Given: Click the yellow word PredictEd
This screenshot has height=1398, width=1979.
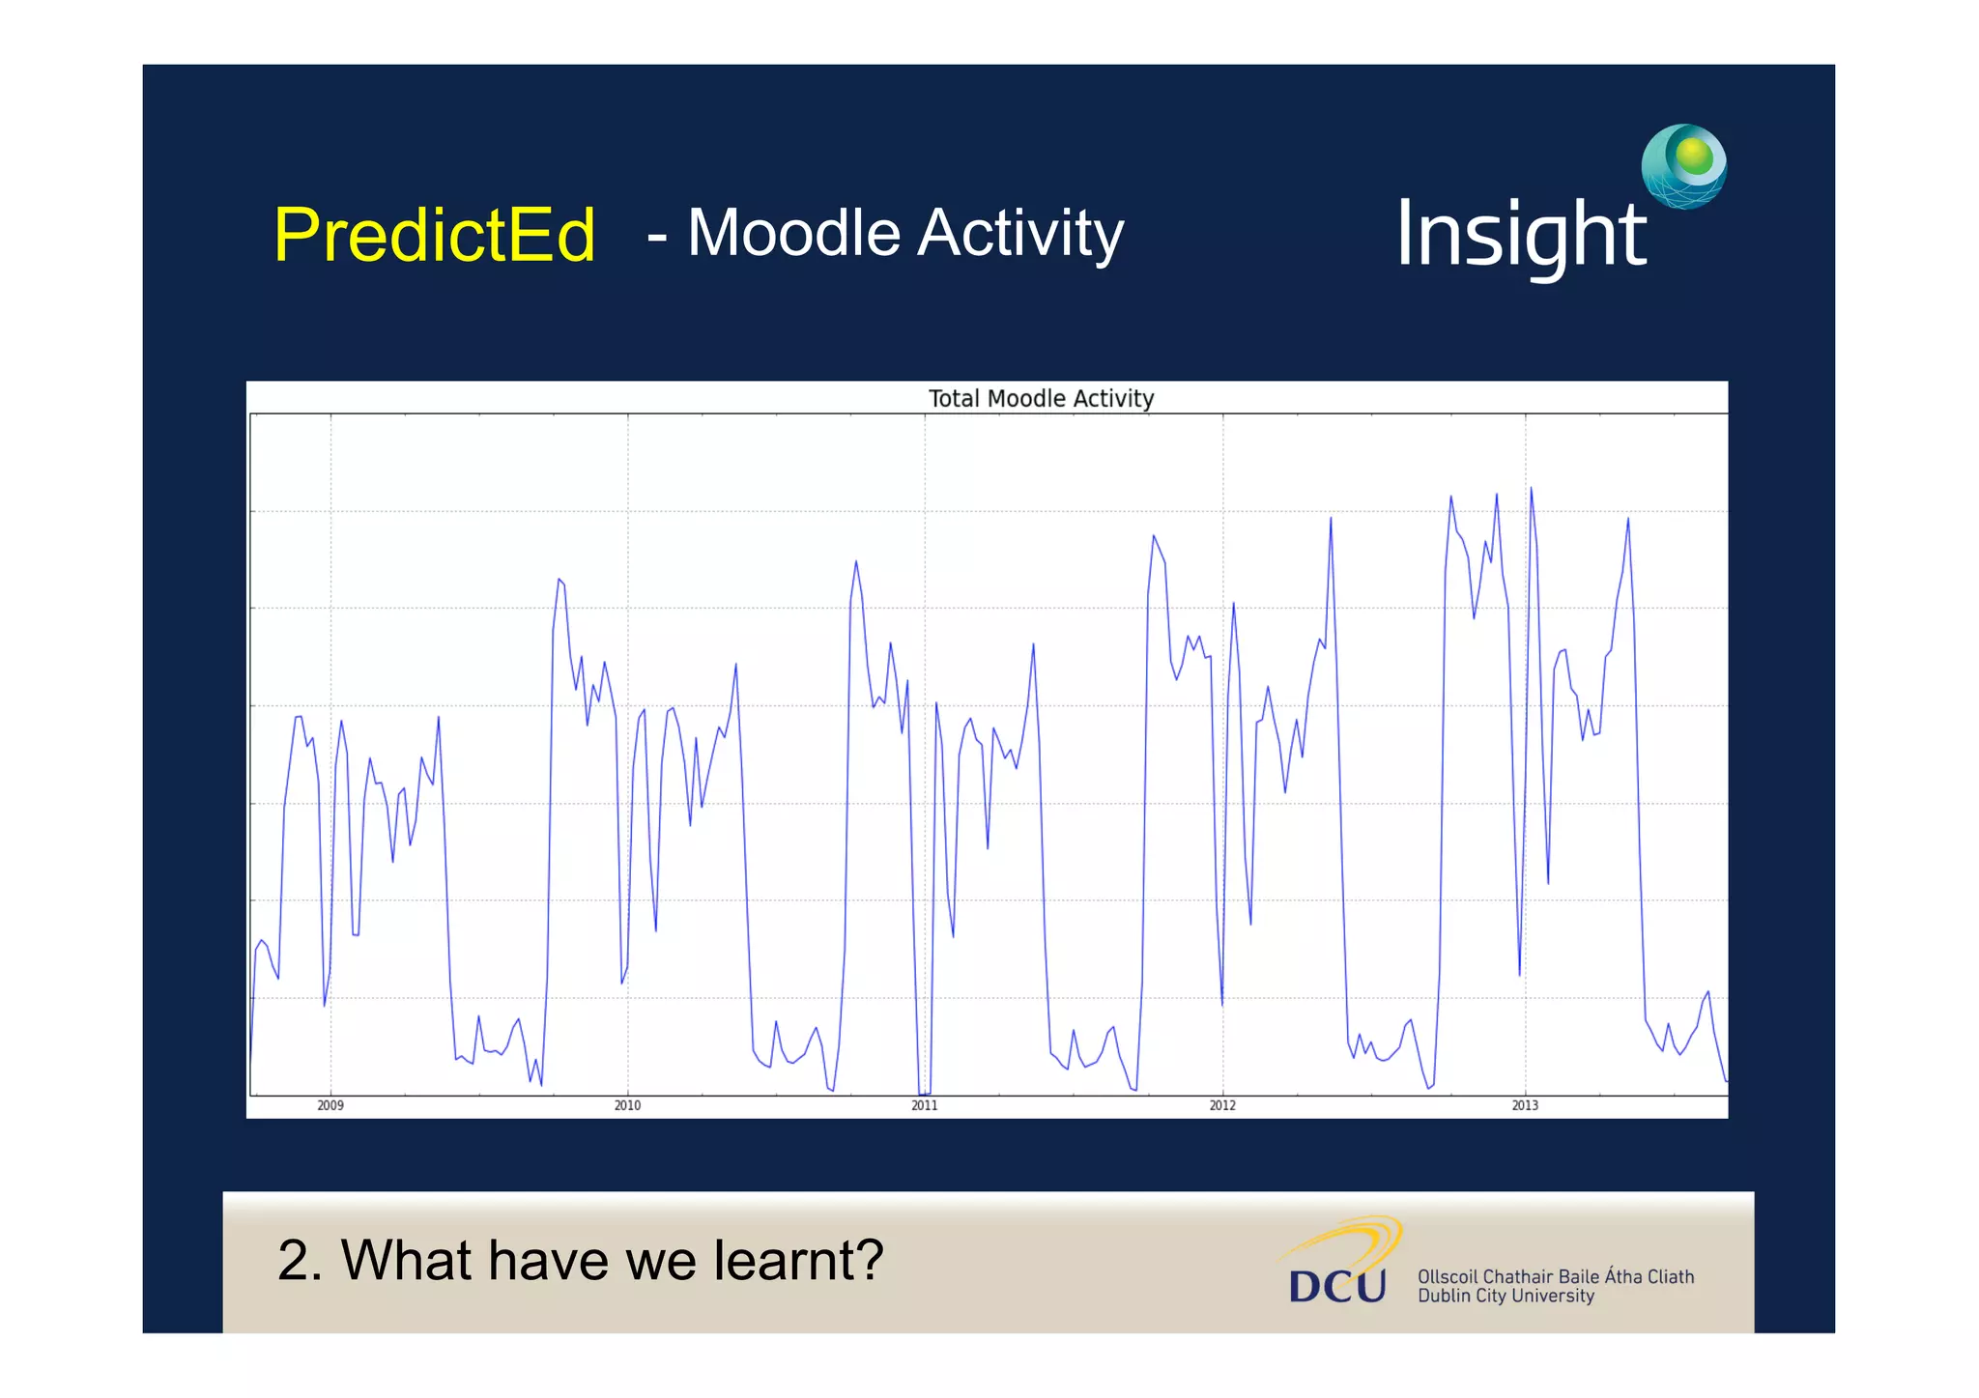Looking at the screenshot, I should (434, 235).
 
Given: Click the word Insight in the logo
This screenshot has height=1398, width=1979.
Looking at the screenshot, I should (1520, 235).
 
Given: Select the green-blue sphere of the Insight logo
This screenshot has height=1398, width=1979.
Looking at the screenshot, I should (1684, 165).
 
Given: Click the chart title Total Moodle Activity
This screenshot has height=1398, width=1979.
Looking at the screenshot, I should (1041, 398).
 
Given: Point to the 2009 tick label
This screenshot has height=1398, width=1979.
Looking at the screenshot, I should (330, 1105).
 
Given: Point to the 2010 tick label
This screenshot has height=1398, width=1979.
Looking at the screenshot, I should (627, 1105).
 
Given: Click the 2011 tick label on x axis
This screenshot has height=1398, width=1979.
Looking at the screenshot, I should (925, 1105).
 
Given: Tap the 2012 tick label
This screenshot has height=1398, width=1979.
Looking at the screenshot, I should (1222, 1105).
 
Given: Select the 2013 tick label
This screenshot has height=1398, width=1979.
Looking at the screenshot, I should (1525, 1105).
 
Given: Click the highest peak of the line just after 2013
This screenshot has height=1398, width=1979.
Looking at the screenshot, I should (1531, 489).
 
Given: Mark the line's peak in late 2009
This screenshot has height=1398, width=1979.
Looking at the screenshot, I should (559, 580).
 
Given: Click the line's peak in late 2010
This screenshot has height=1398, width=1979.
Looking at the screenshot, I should (855, 561).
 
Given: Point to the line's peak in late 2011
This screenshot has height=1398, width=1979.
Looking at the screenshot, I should (1153, 535).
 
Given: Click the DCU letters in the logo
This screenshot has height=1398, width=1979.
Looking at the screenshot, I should (1337, 1286).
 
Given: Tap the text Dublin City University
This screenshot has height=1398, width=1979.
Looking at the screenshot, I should (1506, 1297).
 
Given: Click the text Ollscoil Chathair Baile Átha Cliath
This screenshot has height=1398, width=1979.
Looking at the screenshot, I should (1555, 1276).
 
